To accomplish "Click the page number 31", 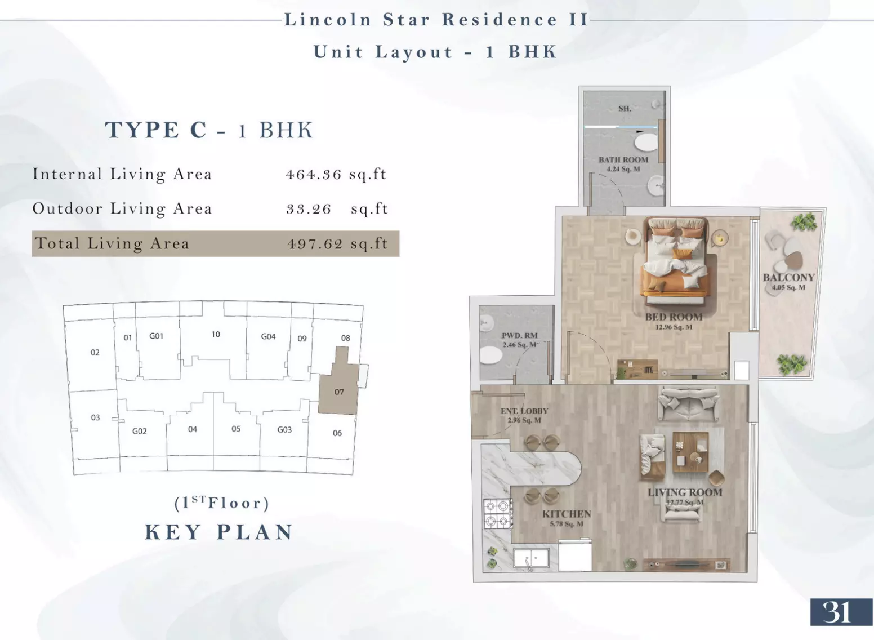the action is tap(836, 612).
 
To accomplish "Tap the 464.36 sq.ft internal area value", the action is tap(336, 175).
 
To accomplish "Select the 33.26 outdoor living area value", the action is tap(308, 209).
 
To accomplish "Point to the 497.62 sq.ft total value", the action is tap(337, 244).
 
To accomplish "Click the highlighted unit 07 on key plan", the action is tap(338, 392).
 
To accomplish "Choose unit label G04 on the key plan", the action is tap(268, 336).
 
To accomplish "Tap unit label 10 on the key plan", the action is tap(216, 335).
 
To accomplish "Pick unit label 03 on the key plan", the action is tap(95, 417).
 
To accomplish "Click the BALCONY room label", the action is tap(788, 277).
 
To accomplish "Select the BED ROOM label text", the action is tap(674, 317).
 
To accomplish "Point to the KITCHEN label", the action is tap(567, 514).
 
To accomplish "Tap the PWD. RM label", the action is tap(519, 336).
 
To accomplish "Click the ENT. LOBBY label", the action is tap(524, 411).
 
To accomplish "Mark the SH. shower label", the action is tap(625, 109).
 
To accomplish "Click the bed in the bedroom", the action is tap(676, 261).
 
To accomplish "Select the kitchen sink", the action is tap(530, 558).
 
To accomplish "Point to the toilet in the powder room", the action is tap(491, 355).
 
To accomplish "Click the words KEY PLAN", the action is tap(218, 532).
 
